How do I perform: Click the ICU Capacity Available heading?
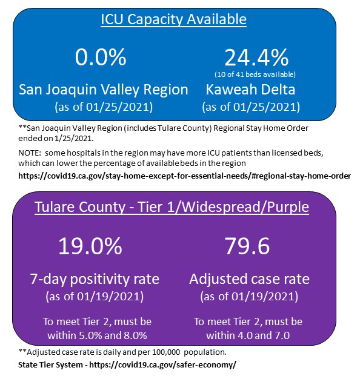pyautogui.click(x=173, y=19)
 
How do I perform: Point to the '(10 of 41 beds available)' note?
pyautogui.click(x=256, y=74)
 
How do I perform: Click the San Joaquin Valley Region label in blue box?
pyautogui.click(x=104, y=90)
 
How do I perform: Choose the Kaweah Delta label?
pyautogui.click(x=251, y=90)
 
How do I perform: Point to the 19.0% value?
pyautogui.click(x=90, y=246)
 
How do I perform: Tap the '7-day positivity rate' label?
pyautogui.click(x=95, y=279)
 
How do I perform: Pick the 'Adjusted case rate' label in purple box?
pyautogui.click(x=250, y=279)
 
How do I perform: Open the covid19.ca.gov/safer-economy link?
pyautogui.click(x=162, y=365)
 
